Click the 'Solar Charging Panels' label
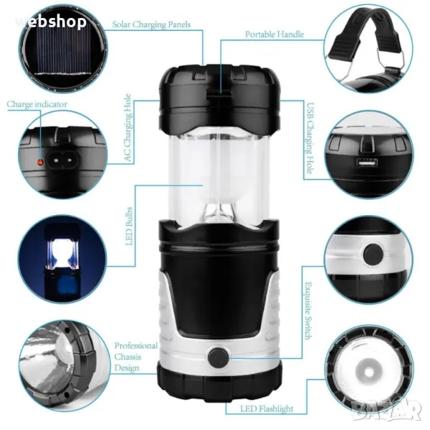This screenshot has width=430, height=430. point(151,24)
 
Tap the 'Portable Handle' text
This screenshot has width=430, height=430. point(274,34)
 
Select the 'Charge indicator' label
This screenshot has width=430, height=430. point(37,104)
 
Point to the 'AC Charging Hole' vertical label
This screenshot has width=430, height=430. point(128,128)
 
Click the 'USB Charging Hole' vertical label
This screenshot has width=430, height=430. point(310,138)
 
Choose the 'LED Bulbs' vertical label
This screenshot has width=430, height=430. point(129,226)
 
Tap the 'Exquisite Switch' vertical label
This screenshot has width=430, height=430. point(308,310)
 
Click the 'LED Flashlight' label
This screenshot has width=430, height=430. point(267,409)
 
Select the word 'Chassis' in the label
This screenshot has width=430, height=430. point(128,357)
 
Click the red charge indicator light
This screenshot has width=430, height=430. point(40,162)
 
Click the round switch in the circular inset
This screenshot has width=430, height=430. point(373,254)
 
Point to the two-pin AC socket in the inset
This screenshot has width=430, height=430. point(63,160)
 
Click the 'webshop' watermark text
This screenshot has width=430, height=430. point(51,21)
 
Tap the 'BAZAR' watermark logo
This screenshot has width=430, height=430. point(386,410)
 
